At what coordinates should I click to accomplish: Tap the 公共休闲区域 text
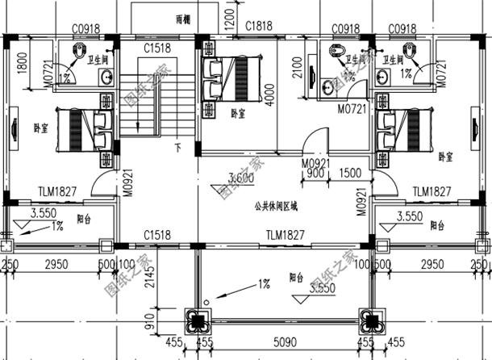click(x=275, y=207)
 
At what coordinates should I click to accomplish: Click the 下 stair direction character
click(x=177, y=148)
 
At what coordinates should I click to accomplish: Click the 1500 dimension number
click(x=351, y=173)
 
